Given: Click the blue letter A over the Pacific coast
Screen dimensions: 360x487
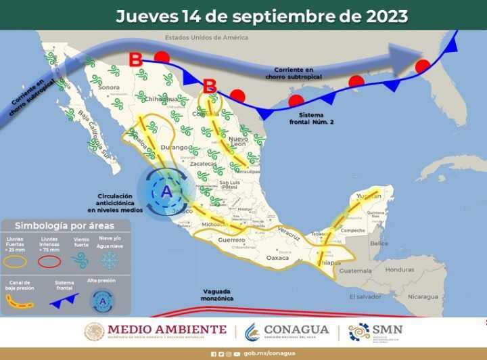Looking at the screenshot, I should [166, 192].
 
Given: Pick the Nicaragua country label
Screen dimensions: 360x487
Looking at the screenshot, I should [426, 296].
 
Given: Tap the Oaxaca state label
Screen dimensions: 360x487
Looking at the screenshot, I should [277, 258].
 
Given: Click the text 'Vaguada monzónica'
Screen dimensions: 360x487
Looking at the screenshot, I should [218, 294].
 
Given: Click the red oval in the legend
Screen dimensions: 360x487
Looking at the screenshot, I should [48, 260].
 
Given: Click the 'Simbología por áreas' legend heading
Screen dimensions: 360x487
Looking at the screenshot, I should [64, 225].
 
